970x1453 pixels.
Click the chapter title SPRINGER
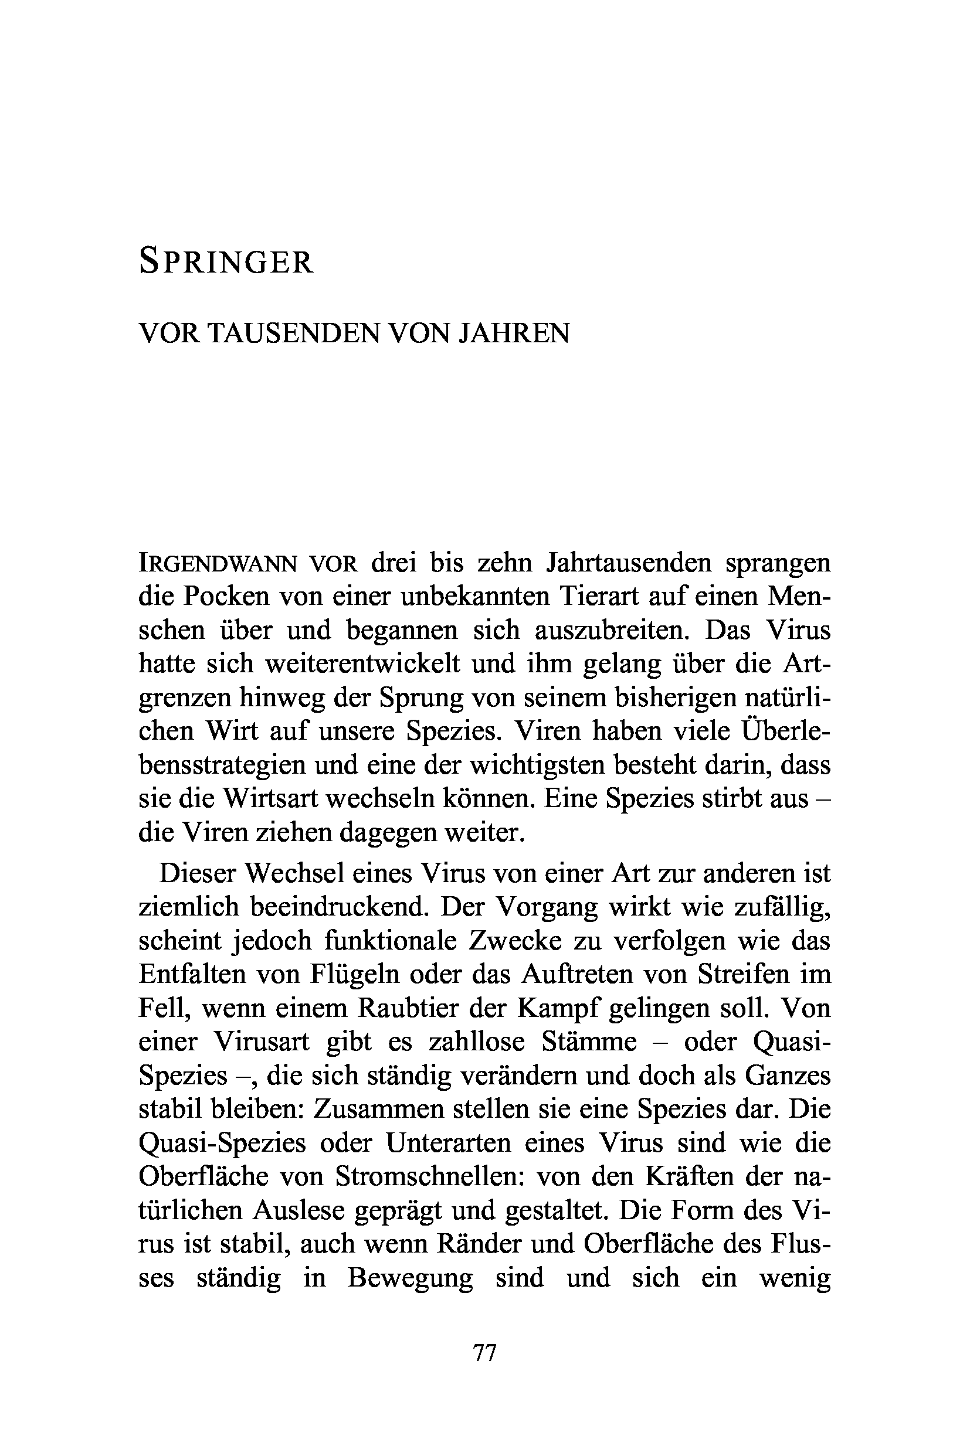click(226, 261)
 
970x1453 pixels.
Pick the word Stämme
click(589, 1042)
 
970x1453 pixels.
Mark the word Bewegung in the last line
click(410, 1277)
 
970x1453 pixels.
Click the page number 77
click(485, 1353)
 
